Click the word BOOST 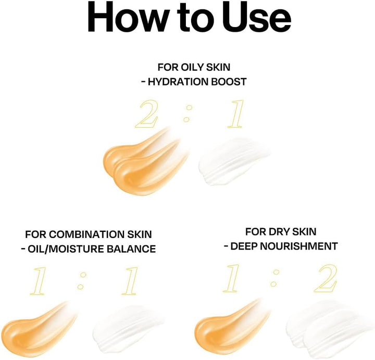click(x=229, y=82)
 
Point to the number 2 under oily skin click(x=146, y=114)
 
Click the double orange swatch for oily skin click(x=146, y=162)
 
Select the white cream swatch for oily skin click(x=233, y=162)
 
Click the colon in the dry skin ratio click(x=275, y=278)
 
